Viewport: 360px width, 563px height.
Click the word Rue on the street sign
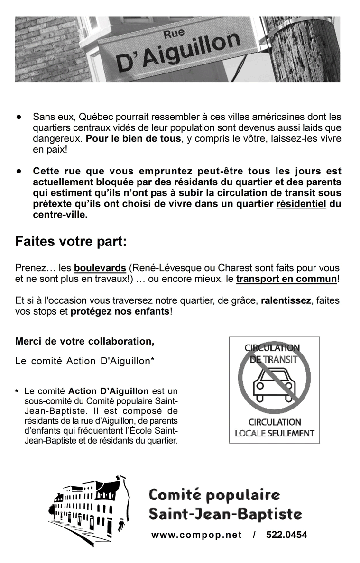[x=174, y=34]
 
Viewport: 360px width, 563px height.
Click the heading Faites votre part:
[x=71, y=242]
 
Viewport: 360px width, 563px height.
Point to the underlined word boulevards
[x=100, y=268]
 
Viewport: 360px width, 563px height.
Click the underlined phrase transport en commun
[x=286, y=279]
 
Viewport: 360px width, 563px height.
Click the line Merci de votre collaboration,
[x=85, y=341]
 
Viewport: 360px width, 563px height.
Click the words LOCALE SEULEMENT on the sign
[x=275, y=433]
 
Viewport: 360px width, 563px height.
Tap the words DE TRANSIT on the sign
[x=274, y=359]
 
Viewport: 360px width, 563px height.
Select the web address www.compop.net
[x=196, y=535]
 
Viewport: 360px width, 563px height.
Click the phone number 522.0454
[x=286, y=535]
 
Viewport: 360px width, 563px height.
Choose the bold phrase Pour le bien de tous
[x=134, y=139]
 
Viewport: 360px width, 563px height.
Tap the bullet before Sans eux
[x=19, y=117]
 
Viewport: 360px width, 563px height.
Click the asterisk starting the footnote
[x=17, y=392]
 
